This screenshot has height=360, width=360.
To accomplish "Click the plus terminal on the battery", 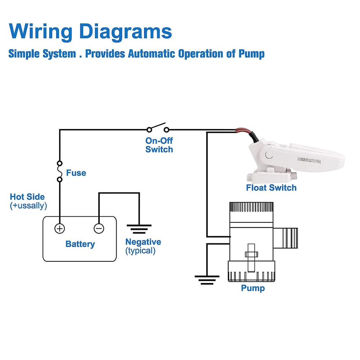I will click(59, 228).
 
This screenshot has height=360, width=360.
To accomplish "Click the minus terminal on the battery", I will click(99, 228).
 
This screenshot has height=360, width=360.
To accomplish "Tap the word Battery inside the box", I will click(80, 244).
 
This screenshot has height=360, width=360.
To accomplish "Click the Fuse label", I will click(76, 173).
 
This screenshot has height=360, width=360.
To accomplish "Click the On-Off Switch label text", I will click(159, 145).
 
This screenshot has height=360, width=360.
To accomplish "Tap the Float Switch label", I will click(271, 188).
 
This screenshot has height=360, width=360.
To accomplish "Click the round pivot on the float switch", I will click(268, 155).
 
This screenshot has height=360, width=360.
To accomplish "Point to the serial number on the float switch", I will click(309, 159).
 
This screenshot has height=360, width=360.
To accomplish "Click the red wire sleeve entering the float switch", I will click(241, 131).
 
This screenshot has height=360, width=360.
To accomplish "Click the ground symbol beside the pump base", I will click(207, 279).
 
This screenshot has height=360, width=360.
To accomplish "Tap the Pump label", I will click(253, 288).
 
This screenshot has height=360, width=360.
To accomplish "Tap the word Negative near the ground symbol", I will click(143, 242).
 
